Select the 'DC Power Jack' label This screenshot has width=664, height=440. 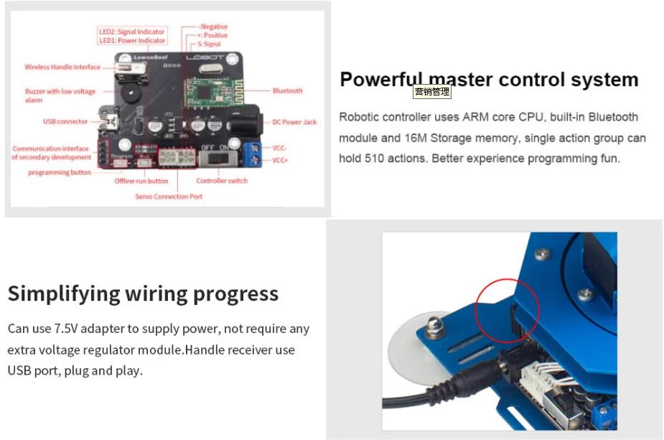tap(294, 122)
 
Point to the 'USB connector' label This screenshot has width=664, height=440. tap(65, 121)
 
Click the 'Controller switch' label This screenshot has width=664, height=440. tap(222, 181)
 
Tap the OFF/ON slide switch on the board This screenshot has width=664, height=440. tap(215, 156)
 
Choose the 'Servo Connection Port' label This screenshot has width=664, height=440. tap(169, 197)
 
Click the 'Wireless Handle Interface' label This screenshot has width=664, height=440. tap(62, 67)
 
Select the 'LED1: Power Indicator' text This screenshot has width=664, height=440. tap(132, 41)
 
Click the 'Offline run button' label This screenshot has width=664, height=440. tap(141, 181)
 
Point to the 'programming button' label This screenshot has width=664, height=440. tap(60, 172)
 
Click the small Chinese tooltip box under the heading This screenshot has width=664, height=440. tap(432, 92)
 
